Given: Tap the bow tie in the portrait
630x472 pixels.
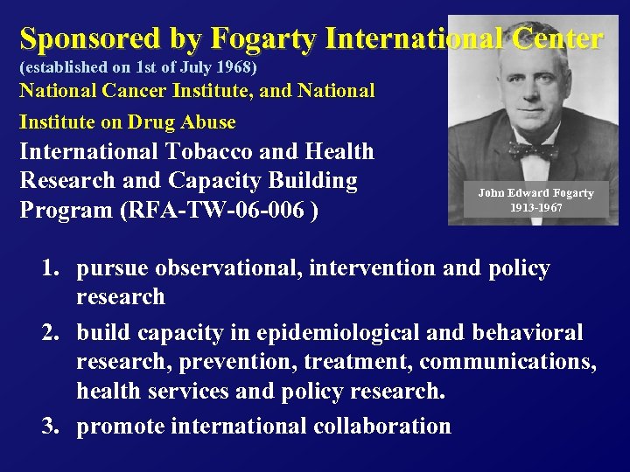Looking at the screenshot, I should tap(532, 149).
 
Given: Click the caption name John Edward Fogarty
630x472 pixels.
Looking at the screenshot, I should tap(535, 193).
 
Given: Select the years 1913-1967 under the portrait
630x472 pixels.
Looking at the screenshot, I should tap(535, 208).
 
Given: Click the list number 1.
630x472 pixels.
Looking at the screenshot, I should tap(49, 268).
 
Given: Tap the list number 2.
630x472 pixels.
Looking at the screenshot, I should tap(49, 333).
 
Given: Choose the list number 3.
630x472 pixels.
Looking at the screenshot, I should tap(49, 427).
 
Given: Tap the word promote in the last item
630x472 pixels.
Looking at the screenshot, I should tap(120, 427).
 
